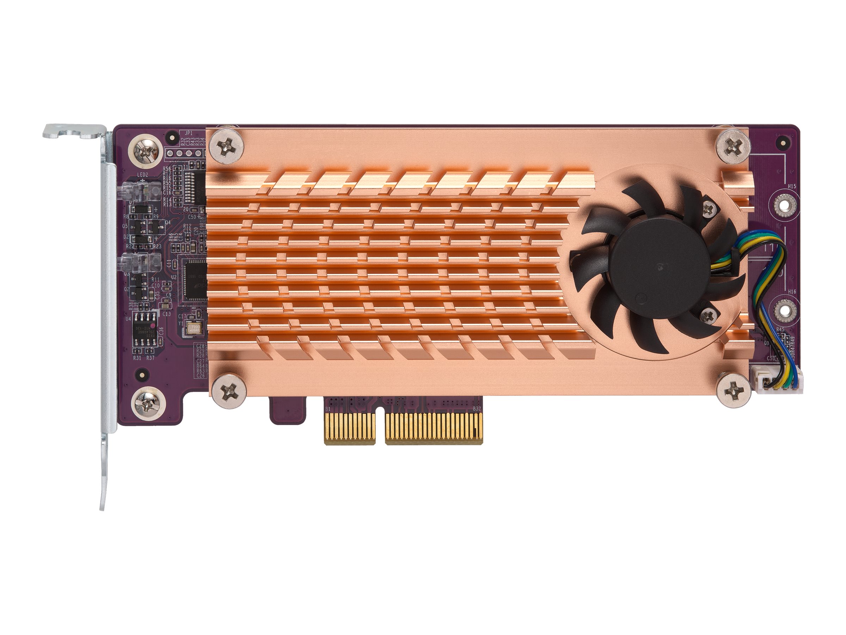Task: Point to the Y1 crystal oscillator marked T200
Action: click(x=194, y=329)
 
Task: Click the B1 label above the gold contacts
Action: click(x=328, y=410)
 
